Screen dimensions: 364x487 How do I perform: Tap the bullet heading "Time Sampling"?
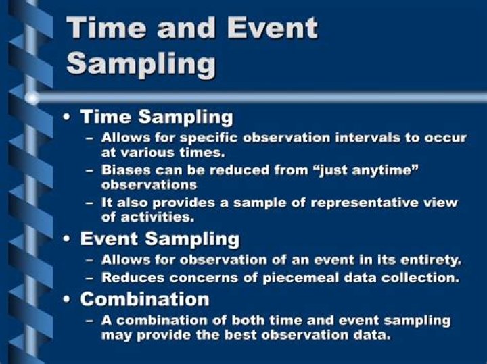pyautogui.click(x=157, y=117)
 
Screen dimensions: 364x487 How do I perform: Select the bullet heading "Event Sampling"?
pyautogui.click(x=160, y=238)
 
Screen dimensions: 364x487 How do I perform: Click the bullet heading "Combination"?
pyautogui.click(x=145, y=298)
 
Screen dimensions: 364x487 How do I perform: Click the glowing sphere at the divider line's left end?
pyautogui.click(x=31, y=98)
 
